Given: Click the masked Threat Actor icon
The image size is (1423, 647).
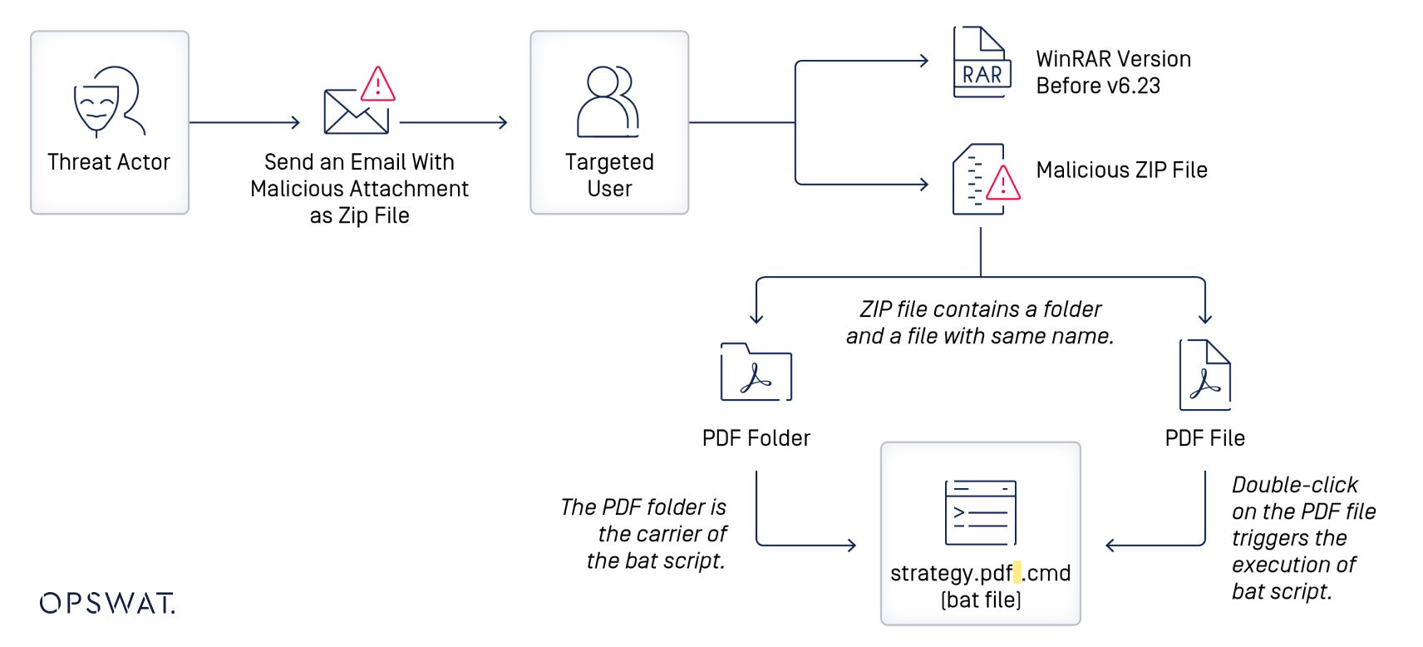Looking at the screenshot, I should (109, 101).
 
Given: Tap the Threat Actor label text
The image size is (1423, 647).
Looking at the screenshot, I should (109, 162).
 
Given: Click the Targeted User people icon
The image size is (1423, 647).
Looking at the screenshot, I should (608, 101).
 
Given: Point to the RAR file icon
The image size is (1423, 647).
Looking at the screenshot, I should (981, 63).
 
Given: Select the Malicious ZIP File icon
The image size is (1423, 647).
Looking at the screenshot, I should (984, 179).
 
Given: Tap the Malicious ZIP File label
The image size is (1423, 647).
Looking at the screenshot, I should (1121, 170).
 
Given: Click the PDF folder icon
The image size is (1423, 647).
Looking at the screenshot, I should (756, 373).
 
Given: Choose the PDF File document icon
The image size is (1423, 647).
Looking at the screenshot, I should (1205, 375).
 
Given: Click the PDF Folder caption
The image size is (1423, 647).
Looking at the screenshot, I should (756, 438).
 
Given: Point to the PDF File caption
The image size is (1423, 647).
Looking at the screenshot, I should (1204, 438).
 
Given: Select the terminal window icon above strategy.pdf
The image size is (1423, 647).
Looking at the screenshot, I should (981, 512).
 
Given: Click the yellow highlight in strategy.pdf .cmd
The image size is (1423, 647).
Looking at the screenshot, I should (1017, 572).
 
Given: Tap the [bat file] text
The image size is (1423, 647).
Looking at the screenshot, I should (981, 600).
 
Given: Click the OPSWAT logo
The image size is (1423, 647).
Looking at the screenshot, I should (107, 603).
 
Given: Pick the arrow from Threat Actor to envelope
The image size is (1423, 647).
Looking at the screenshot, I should (244, 122).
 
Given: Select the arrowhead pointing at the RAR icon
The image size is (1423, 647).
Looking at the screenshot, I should (923, 61).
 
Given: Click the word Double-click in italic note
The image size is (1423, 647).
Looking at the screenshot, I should (1294, 485).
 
